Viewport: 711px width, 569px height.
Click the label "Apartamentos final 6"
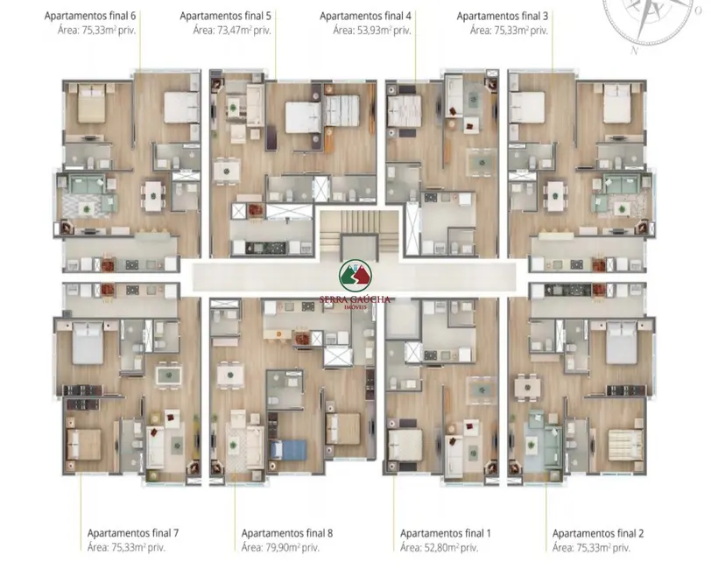[x=85, y=16]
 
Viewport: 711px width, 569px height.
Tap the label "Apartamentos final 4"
[x=365, y=16]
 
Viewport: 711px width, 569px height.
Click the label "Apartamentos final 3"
[x=503, y=16]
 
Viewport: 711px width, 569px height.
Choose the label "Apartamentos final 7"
[x=133, y=532]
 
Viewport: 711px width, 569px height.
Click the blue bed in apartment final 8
[x=284, y=449]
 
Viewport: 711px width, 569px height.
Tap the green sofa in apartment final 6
[x=87, y=186]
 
